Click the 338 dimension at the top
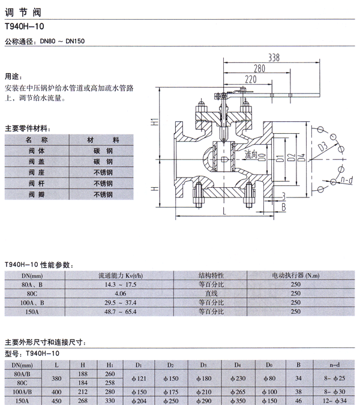(x=274, y=58)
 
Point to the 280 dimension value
(x=259, y=68)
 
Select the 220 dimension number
(x=251, y=79)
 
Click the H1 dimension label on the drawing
(x=154, y=122)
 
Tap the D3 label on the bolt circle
(x=323, y=146)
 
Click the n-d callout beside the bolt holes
(x=347, y=179)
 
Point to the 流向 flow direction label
(x=251, y=154)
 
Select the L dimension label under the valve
(x=224, y=212)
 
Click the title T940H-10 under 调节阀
(x=25, y=26)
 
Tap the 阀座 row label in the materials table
(x=37, y=172)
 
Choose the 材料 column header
(x=103, y=140)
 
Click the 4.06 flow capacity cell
(x=121, y=293)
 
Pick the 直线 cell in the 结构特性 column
(x=211, y=293)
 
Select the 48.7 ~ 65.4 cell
(x=121, y=312)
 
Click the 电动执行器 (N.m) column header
(x=296, y=275)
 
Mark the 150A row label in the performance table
(x=32, y=312)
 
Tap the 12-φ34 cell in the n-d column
(x=335, y=401)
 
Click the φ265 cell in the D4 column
(x=238, y=392)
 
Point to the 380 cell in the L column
(x=56, y=379)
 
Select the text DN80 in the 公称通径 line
(x=47, y=41)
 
